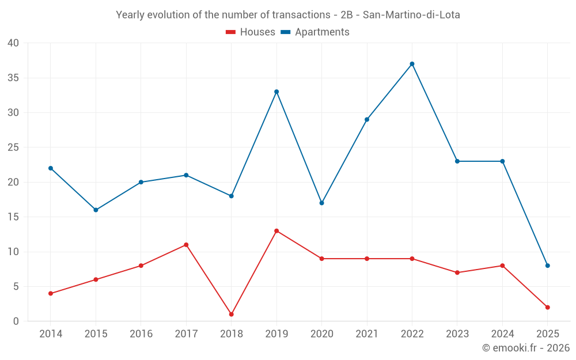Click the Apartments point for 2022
pyautogui.click(x=412, y=64)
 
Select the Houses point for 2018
pyautogui.click(x=231, y=314)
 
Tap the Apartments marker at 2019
pyautogui.click(x=276, y=92)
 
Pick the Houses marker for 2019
pyautogui.click(x=276, y=231)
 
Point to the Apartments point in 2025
pyautogui.click(x=547, y=266)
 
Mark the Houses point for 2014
pyautogui.click(x=51, y=294)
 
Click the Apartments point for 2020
pyautogui.click(x=321, y=203)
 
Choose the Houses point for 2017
pyautogui.click(x=186, y=245)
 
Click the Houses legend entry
pyautogui.click(x=251, y=32)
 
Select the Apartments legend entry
pyautogui.click(x=315, y=32)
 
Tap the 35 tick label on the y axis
pyautogui.click(x=13, y=78)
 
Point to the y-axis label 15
pyautogui.click(x=13, y=217)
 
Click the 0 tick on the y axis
pyautogui.click(x=16, y=321)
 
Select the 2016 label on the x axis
pyautogui.click(x=141, y=334)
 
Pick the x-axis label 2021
pyautogui.click(x=367, y=334)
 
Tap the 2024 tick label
pyautogui.click(x=502, y=334)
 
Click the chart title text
pyautogui.click(x=288, y=15)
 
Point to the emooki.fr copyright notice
pyautogui.click(x=525, y=348)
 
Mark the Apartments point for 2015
pyautogui.click(x=96, y=210)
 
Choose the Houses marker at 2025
pyautogui.click(x=547, y=308)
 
